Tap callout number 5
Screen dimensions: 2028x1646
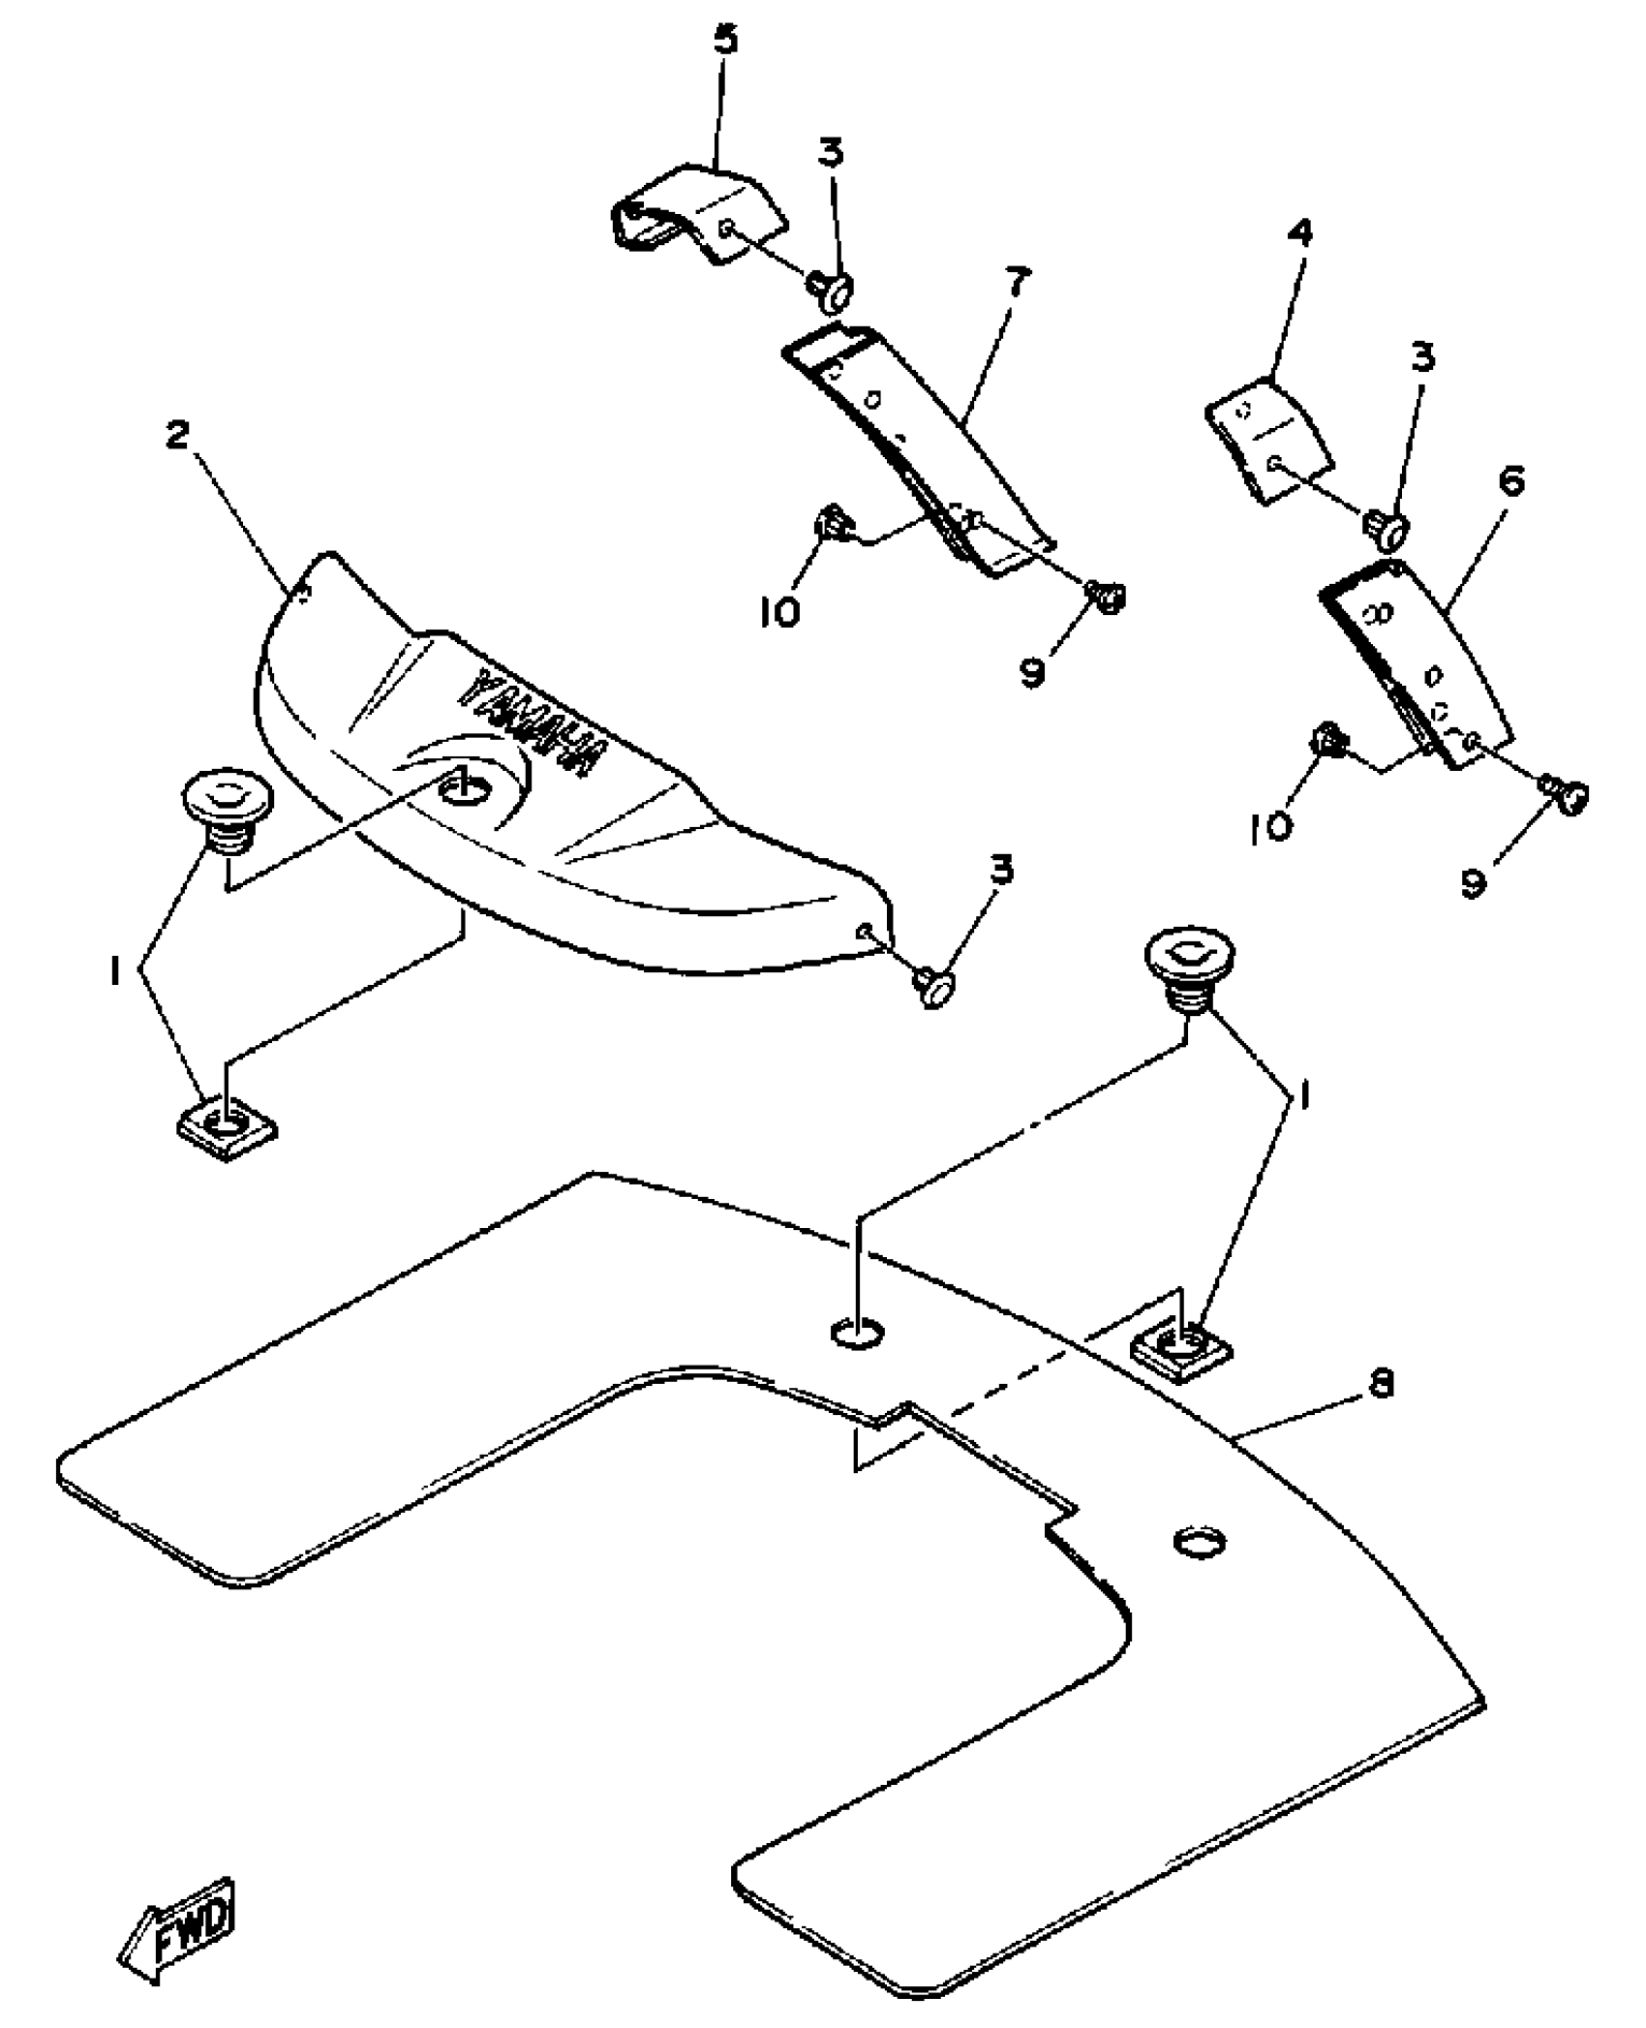pyautogui.click(x=725, y=42)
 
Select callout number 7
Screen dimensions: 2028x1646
pyautogui.click(x=1018, y=283)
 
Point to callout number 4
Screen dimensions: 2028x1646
pyautogui.click(x=1301, y=233)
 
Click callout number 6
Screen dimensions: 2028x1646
pyautogui.click(x=1510, y=481)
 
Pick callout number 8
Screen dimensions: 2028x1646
pyautogui.click(x=1382, y=1386)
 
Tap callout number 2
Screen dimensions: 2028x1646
pyautogui.click(x=177, y=436)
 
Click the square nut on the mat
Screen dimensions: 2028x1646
pyautogui.click(x=1181, y=1349)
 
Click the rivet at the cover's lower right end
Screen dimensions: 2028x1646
pyautogui.click(x=933, y=988)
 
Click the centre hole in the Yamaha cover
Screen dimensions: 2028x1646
pyautogui.click(x=463, y=787)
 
